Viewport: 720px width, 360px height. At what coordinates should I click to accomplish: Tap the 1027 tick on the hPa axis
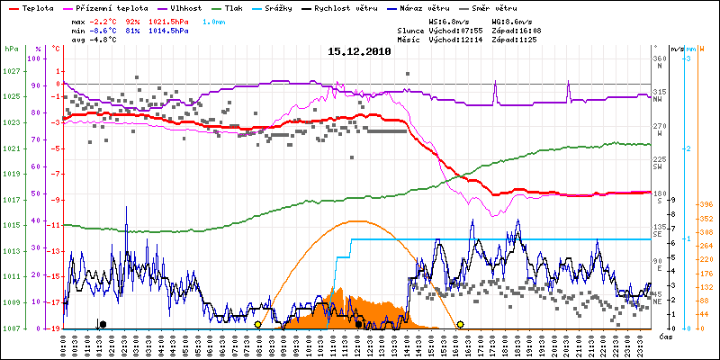pyautogui.click(x=11, y=71)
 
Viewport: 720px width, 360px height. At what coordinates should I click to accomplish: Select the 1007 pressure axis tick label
pyautogui.click(x=11, y=328)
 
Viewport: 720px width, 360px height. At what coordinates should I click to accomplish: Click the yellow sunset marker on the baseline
pyautogui.click(x=460, y=324)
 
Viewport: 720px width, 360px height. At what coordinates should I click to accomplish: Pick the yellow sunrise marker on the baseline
pyautogui.click(x=257, y=324)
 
